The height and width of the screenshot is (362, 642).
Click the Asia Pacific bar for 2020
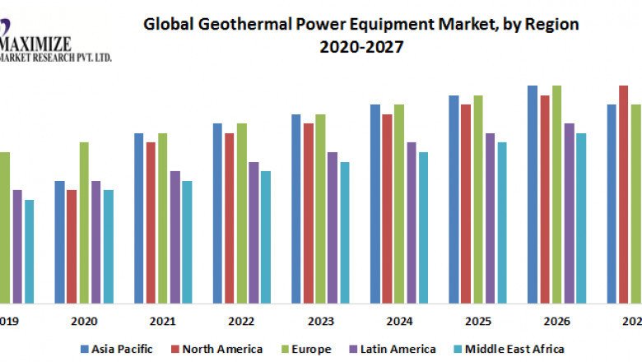(59, 242)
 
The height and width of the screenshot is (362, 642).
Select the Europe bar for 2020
(83, 222)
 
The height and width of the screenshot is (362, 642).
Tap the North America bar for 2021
(151, 222)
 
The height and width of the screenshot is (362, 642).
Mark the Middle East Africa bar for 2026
(581, 218)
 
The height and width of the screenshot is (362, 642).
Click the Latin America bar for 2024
(412, 222)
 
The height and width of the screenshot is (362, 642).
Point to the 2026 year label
(555, 321)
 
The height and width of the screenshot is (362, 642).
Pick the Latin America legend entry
(397, 349)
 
